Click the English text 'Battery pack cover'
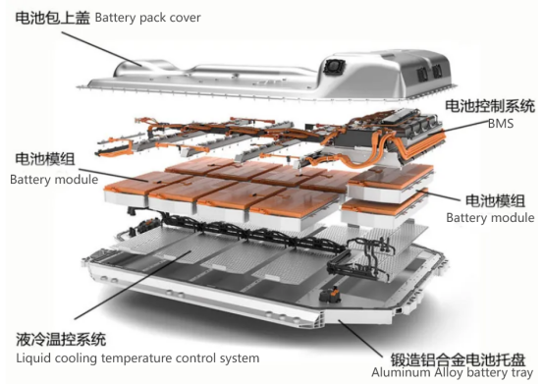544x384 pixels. (148, 18)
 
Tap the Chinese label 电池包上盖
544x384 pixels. (52, 18)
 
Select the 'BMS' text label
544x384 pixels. (500, 124)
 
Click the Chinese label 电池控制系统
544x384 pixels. (490, 106)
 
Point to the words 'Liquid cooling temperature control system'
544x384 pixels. (137, 358)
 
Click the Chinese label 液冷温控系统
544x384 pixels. (61, 339)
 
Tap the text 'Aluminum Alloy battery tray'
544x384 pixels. (452, 373)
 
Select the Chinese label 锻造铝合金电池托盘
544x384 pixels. (458, 359)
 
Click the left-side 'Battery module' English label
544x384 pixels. (54, 180)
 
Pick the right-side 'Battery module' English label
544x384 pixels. (490, 218)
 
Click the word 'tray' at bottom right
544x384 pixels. (521, 373)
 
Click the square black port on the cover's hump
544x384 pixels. (335, 66)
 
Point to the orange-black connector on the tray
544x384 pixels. (330, 296)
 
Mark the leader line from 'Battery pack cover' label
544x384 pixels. (102, 49)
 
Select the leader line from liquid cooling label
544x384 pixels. (133, 285)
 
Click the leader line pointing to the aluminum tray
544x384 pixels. (360, 339)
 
